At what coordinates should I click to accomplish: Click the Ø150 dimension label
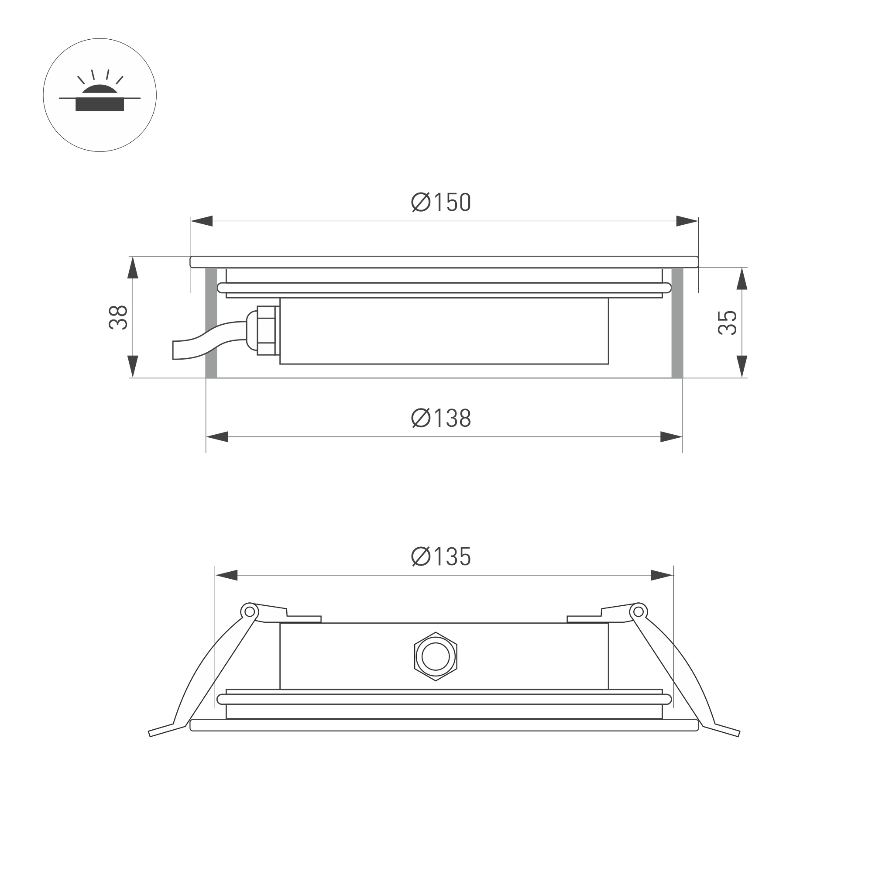441,202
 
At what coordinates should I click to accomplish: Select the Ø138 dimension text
441,418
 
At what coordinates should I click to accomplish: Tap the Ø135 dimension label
441,556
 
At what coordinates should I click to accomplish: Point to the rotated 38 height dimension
118,317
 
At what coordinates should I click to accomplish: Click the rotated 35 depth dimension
727,322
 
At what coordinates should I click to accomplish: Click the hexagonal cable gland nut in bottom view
436,656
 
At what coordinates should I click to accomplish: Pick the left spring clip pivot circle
249,611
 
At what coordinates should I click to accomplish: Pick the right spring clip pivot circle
638,611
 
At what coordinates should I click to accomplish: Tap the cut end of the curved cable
173,350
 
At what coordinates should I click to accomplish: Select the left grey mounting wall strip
211,323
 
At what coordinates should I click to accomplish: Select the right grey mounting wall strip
677,323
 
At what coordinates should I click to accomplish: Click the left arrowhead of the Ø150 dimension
201,221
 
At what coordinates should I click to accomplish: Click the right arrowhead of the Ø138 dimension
671,437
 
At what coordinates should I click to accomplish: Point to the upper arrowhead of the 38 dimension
132,268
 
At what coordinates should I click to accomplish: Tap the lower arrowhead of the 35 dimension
742,366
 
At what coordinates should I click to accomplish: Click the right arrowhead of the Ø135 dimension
662,576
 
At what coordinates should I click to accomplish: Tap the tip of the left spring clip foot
150,734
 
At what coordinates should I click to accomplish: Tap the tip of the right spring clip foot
738,734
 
